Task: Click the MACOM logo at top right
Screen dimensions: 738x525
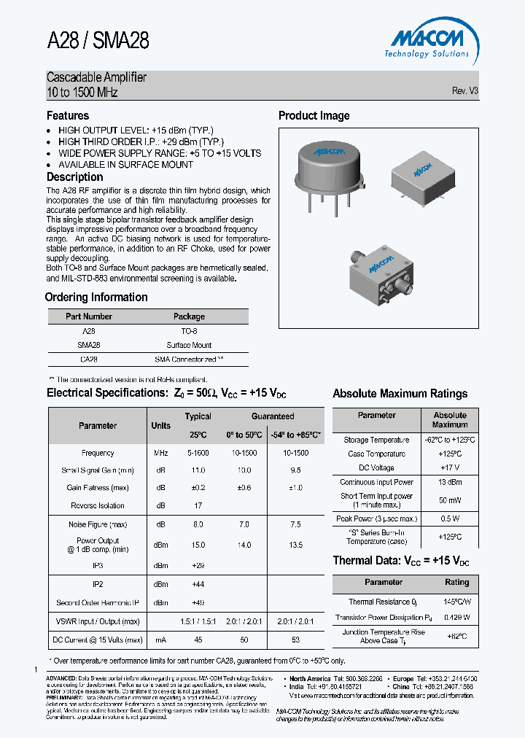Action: coord(427,41)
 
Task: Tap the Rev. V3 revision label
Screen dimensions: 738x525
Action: coord(464,91)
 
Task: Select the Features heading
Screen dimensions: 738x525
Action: coord(68,116)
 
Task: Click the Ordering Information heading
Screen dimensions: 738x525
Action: coord(96,298)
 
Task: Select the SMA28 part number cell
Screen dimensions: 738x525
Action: coord(88,345)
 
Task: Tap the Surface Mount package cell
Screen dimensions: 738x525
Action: coord(189,345)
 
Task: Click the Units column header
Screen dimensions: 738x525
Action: coord(160,426)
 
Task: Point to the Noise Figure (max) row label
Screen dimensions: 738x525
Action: coord(98,524)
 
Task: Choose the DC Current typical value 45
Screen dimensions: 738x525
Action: coord(198,640)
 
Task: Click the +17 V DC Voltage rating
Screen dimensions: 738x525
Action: coord(449,467)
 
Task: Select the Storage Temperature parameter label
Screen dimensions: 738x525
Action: coord(376,440)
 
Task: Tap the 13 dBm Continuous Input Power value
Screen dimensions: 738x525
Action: coord(449,482)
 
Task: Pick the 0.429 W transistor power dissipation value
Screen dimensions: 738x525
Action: coord(456,617)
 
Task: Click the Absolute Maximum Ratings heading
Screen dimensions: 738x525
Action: coord(400,394)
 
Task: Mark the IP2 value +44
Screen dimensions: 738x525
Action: coord(198,584)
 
